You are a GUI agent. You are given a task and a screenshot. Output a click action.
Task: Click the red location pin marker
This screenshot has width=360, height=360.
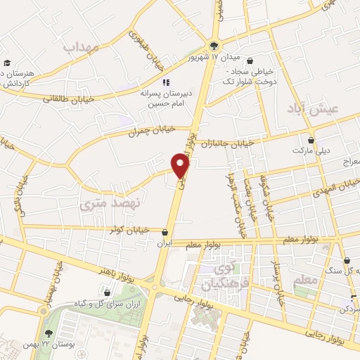click(181, 166)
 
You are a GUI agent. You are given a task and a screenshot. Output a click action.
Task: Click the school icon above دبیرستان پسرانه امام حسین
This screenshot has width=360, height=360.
click(166, 82)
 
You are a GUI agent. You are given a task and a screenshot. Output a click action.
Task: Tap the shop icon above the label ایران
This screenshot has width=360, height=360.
click(165, 231)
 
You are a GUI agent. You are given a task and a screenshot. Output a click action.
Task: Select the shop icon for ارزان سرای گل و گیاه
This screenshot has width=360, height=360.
click(107, 292)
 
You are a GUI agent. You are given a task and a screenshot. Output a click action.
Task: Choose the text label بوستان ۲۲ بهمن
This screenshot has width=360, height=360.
click(49, 345)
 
